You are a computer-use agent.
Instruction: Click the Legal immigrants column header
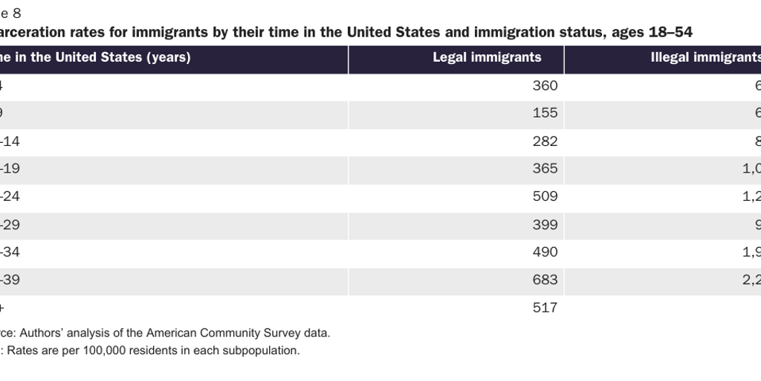point(487,57)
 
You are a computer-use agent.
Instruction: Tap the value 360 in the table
point(545,86)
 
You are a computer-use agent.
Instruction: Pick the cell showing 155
point(545,114)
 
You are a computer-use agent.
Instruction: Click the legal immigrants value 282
point(545,141)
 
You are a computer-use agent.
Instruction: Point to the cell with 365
point(545,169)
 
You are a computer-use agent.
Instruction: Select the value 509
point(545,196)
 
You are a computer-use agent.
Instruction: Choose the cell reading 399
point(545,224)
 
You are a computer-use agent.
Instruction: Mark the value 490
point(545,252)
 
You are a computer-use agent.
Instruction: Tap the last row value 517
point(545,307)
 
